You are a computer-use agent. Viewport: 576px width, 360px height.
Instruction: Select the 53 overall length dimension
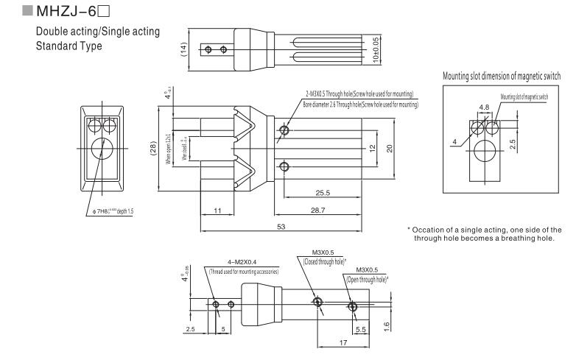coord(281,227)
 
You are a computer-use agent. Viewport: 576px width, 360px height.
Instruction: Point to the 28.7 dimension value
coord(315,212)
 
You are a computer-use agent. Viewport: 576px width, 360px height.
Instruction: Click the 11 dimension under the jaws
coord(217,211)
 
